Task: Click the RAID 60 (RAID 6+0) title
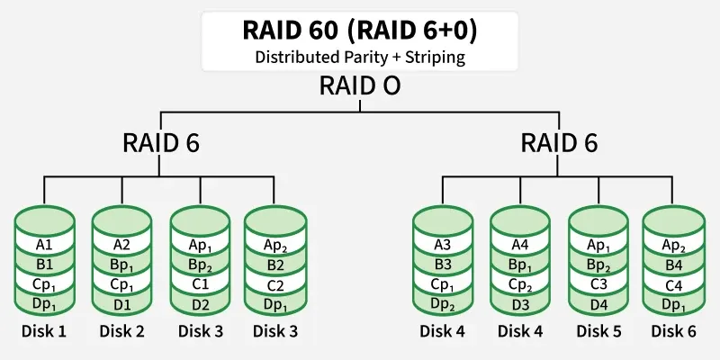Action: coord(360,29)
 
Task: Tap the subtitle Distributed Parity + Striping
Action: coord(360,56)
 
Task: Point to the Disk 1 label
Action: coord(44,331)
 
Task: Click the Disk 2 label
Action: coord(121,331)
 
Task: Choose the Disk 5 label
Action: coord(596,331)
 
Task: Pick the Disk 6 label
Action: coord(672,331)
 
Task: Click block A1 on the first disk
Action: coord(44,245)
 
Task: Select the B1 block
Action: coord(44,265)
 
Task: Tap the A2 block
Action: coord(121,245)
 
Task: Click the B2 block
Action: coord(274,265)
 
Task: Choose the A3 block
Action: coord(442,245)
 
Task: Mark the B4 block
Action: coord(672,265)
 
